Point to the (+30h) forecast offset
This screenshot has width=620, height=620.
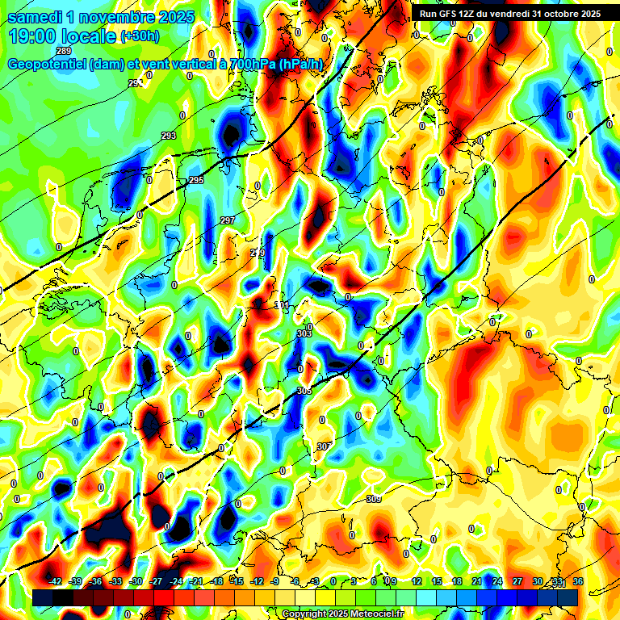[x=140, y=36]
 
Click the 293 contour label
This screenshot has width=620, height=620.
[x=169, y=136]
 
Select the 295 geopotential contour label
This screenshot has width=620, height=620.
[x=196, y=181]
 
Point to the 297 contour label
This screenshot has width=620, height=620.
[x=228, y=220]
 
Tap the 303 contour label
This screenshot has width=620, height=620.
[x=304, y=333]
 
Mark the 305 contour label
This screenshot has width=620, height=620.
[x=304, y=391]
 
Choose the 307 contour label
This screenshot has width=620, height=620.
[x=324, y=446]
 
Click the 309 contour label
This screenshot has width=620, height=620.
[x=373, y=499]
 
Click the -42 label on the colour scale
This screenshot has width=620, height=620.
[x=56, y=581]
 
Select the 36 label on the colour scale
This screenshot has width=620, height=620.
[x=578, y=581]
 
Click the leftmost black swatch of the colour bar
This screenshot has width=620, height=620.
[x=43, y=597]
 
